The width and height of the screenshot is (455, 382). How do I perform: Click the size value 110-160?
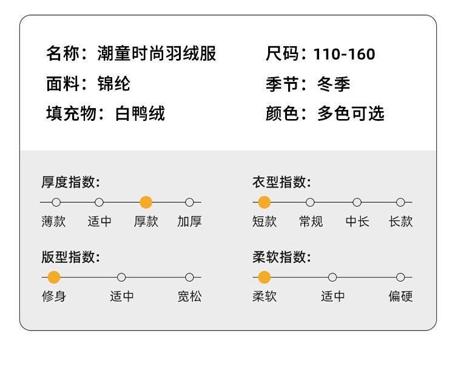[344, 54]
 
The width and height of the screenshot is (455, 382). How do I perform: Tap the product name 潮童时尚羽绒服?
[157, 53]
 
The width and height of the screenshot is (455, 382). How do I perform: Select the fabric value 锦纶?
[114, 83]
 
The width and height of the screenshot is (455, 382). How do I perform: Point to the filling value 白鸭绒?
[140, 113]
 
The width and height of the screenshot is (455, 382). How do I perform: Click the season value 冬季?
[334, 84]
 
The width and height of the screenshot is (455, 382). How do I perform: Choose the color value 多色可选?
[351, 113]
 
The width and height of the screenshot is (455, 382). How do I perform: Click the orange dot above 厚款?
[146, 202]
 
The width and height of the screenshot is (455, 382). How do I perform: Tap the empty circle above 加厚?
[189, 202]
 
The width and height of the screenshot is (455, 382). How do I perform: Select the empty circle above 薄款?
[56, 202]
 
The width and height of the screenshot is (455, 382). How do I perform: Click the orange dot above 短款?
[264, 202]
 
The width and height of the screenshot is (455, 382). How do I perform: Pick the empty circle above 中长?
[357, 202]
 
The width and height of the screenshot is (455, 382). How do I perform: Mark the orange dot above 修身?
[54, 278]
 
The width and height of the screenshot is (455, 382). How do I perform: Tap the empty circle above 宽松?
[189, 278]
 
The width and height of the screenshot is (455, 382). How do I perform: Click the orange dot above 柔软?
[264, 278]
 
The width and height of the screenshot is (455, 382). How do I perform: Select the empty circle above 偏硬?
[400, 278]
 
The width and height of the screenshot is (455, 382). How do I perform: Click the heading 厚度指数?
[70, 182]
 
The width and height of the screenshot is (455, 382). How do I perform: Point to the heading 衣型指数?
[281, 182]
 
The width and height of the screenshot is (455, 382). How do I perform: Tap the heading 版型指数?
[70, 257]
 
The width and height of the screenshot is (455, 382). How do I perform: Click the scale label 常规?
[311, 222]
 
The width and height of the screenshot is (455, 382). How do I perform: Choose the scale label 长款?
[400, 222]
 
